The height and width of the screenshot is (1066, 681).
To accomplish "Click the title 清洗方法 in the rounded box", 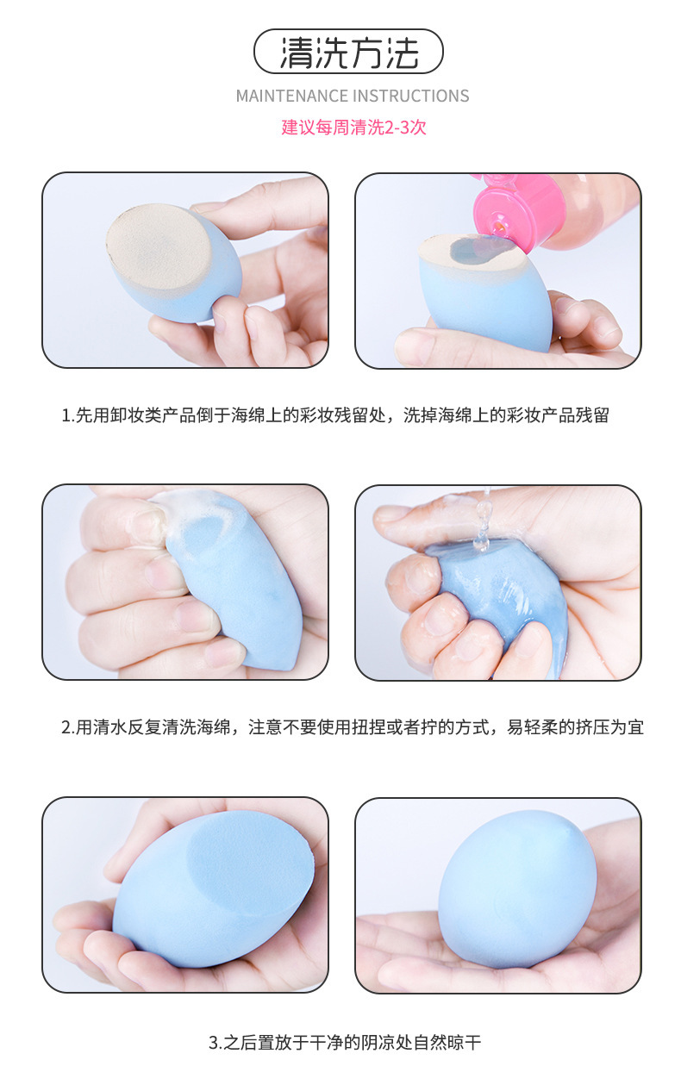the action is click(349, 52).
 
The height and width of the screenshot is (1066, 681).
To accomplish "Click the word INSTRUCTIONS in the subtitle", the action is click(410, 97).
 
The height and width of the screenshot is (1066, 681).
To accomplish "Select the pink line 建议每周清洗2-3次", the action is click(353, 127).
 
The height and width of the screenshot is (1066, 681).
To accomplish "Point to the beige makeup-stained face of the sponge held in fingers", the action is click(159, 247).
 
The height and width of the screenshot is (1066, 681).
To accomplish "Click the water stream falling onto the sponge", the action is click(483, 521).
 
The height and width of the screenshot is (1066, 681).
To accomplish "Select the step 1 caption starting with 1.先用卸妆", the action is click(335, 415).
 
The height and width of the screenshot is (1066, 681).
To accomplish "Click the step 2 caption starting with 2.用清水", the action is click(353, 727).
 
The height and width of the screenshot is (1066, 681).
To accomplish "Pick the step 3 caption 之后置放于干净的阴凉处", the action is click(345, 1043).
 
